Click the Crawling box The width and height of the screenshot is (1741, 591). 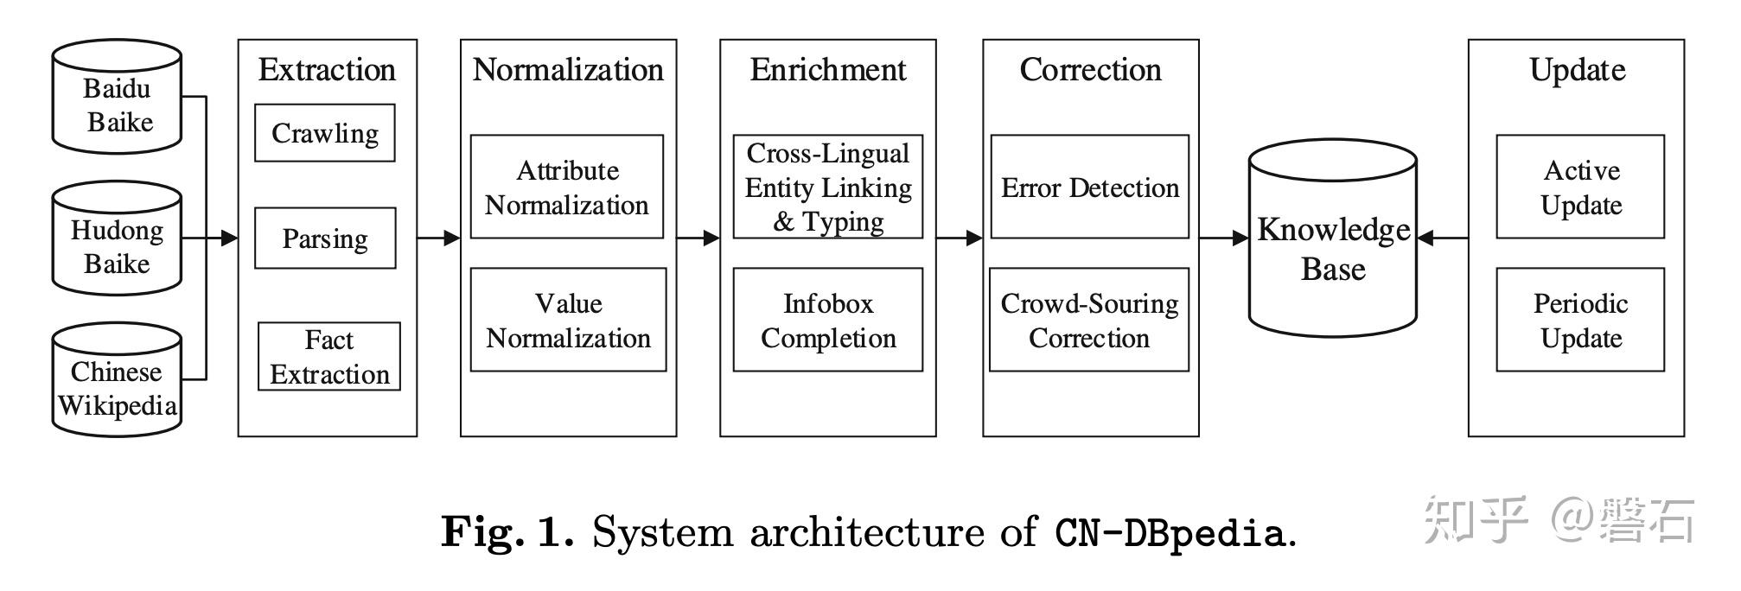(324, 133)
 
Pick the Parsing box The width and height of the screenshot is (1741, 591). (324, 238)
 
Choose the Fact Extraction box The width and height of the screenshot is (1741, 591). (328, 357)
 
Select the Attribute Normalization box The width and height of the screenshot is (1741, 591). (566, 187)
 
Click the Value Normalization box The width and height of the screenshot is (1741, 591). (568, 320)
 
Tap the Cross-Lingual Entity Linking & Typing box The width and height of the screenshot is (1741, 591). (827, 187)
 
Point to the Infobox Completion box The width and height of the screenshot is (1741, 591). (827, 320)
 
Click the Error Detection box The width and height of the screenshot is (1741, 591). (1089, 187)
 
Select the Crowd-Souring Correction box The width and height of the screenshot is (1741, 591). (1088, 320)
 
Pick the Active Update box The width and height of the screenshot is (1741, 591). (1580, 187)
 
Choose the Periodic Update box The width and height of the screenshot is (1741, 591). (1580, 320)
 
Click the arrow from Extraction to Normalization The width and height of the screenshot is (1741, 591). (439, 238)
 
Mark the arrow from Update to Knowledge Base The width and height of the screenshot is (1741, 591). (1443, 238)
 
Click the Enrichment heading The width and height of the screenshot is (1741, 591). (827, 70)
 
